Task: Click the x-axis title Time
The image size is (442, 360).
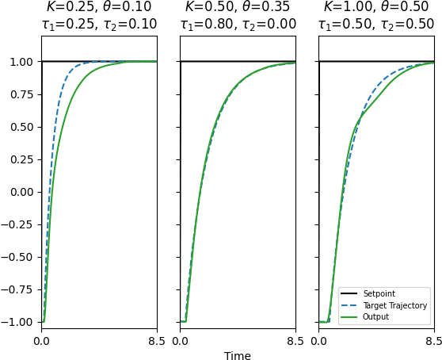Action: click(x=238, y=356)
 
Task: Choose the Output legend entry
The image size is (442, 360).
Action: click(x=376, y=317)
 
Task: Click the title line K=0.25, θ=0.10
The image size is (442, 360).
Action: click(x=99, y=8)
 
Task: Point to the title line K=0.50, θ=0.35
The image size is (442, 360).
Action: click(x=238, y=8)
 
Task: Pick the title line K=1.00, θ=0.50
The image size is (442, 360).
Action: click(x=376, y=8)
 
